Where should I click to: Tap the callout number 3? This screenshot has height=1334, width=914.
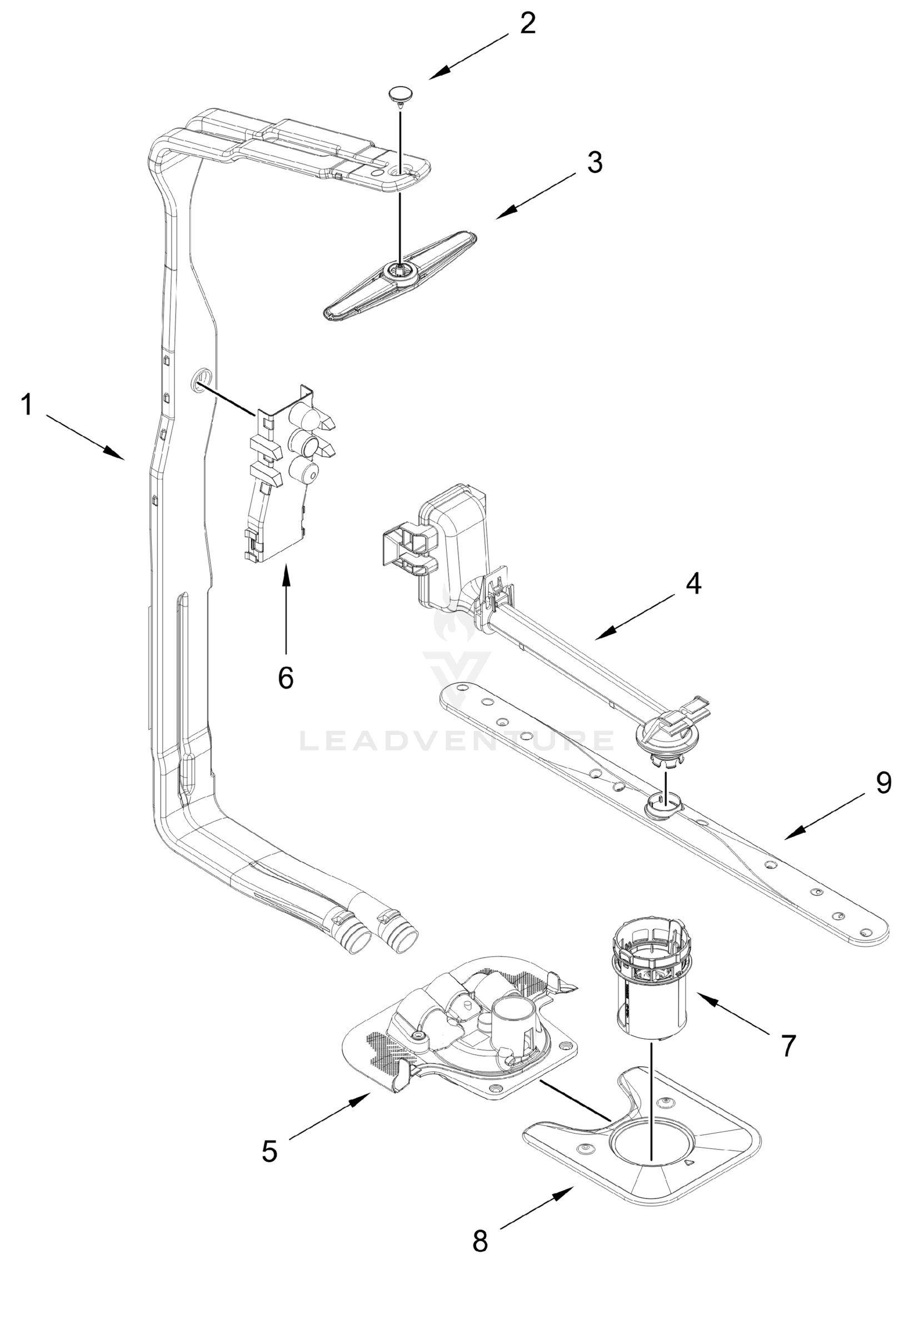point(595,163)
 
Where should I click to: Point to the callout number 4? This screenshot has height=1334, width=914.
point(693,584)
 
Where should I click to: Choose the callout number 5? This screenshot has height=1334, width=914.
point(269,1136)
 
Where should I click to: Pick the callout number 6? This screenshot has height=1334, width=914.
point(286,678)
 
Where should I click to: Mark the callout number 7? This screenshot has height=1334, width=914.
point(789,1046)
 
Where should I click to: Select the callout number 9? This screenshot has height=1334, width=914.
point(883,783)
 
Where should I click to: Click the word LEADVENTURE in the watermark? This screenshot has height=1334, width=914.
point(456,740)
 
